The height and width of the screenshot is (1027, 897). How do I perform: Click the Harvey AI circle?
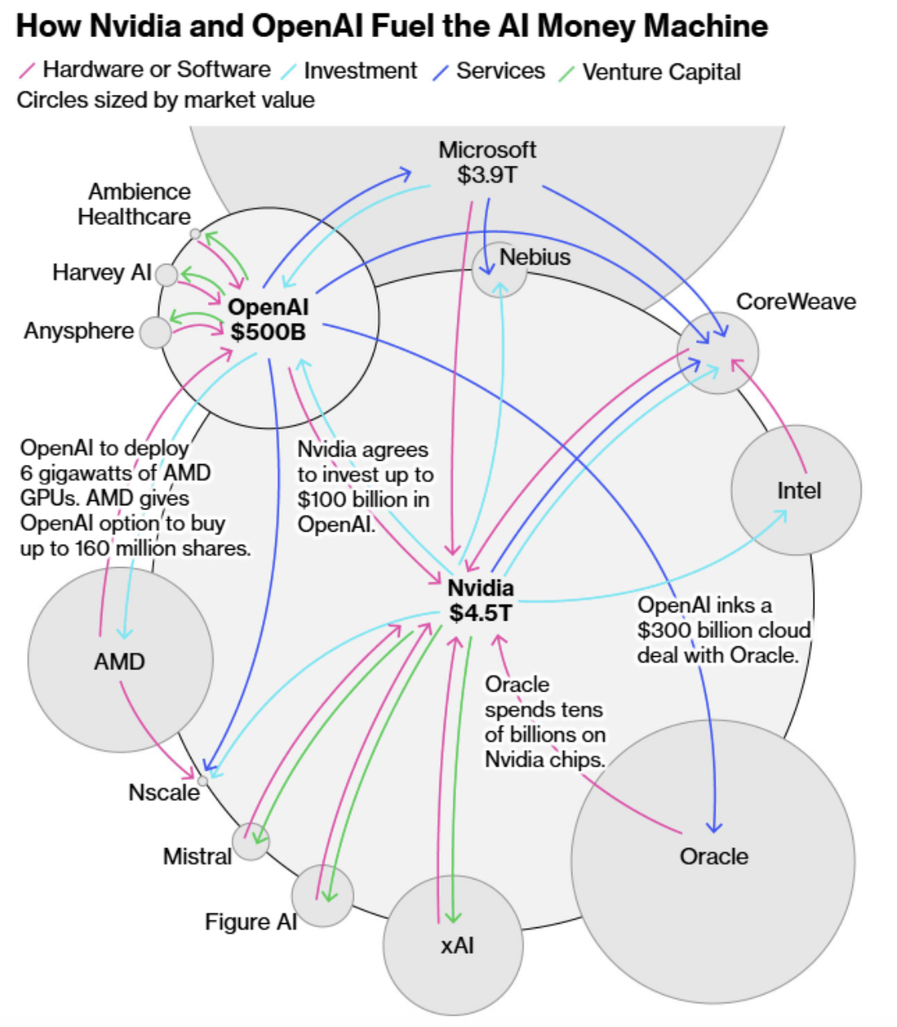click(167, 275)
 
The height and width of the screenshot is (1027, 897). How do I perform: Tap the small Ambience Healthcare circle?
click(195, 234)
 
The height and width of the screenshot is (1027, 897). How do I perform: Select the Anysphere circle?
click(155, 332)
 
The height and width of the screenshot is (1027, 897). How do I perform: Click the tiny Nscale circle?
click(202, 781)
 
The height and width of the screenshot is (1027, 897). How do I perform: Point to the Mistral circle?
click(251, 842)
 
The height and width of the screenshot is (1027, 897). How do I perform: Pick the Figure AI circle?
click(322, 895)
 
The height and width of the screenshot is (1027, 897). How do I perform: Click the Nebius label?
click(534, 257)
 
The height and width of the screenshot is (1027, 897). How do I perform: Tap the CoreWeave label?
click(796, 302)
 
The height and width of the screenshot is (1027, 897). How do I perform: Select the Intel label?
click(799, 490)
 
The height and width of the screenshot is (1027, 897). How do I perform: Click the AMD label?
click(120, 662)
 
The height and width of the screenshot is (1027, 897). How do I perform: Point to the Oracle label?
click(714, 856)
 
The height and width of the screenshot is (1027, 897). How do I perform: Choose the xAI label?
click(457, 945)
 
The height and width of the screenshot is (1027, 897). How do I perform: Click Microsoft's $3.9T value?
click(487, 175)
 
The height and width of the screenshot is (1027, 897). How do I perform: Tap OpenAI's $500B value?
click(268, 332)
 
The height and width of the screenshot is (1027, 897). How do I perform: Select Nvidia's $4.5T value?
click(481, 613)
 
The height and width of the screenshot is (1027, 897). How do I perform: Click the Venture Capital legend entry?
click(650, 72)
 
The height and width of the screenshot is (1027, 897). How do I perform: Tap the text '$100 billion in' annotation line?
click(364, 499)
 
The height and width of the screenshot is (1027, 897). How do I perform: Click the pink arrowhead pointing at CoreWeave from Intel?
click(736, 363)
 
